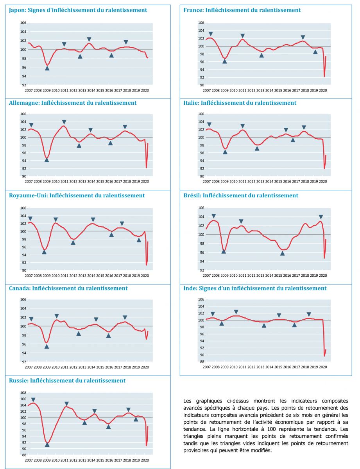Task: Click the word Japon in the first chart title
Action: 17,10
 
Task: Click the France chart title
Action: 242,10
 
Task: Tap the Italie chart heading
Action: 240,103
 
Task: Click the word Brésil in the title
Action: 192,195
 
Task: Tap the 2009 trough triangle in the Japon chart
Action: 47,68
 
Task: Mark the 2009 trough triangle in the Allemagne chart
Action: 47,160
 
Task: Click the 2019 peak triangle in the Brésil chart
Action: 321,217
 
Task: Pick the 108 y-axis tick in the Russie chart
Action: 23,393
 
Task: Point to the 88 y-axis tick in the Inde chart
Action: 201,362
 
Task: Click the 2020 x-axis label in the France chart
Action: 323,90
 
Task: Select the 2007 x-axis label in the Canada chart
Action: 29,368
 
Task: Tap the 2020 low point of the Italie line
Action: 324,168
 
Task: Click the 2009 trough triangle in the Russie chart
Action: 47,444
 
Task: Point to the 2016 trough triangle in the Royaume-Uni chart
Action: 111,234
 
